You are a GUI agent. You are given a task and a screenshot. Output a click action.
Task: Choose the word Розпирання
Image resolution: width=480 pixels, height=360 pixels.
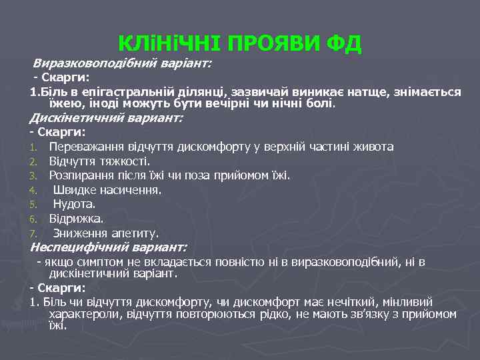[81, 175]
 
